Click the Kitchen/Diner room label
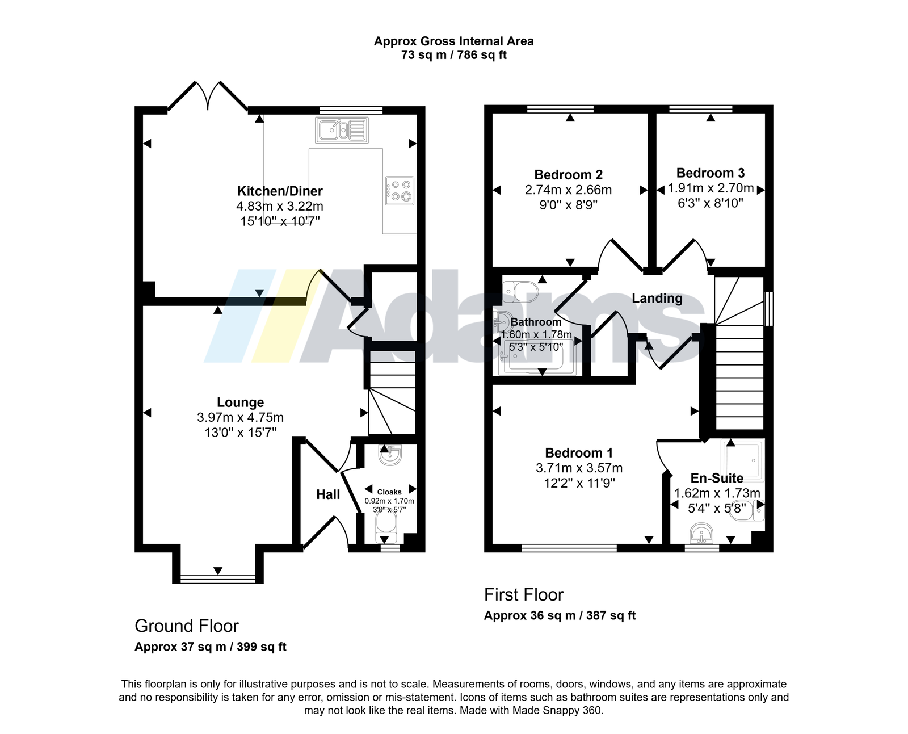click(280, 191)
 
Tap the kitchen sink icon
click(342, 130)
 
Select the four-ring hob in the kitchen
click(400, 190)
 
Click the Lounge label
click(241, 402)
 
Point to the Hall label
click(328, 494)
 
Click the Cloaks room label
click(389, 492)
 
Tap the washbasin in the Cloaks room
click(390, 455)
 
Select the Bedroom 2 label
click(568, 174)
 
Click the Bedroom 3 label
click(710, 173)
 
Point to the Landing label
click(657, 298)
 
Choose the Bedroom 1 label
click(579, 452)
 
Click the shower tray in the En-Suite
click(742, 460)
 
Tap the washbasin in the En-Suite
click(701, 534)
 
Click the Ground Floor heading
click(187, 626)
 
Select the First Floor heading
click(523, 594)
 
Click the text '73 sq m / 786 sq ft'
click(453, 55)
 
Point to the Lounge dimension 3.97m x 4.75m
click(240, 417)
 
